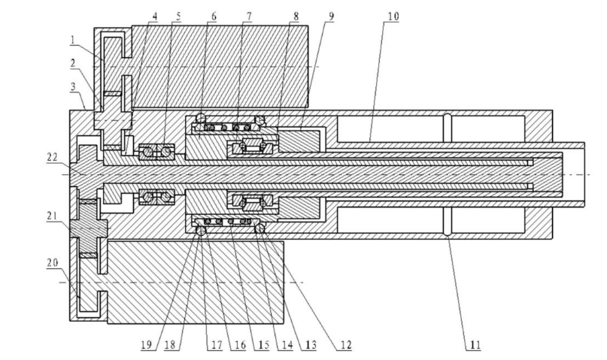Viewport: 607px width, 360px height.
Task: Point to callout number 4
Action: [x=154, y=16]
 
